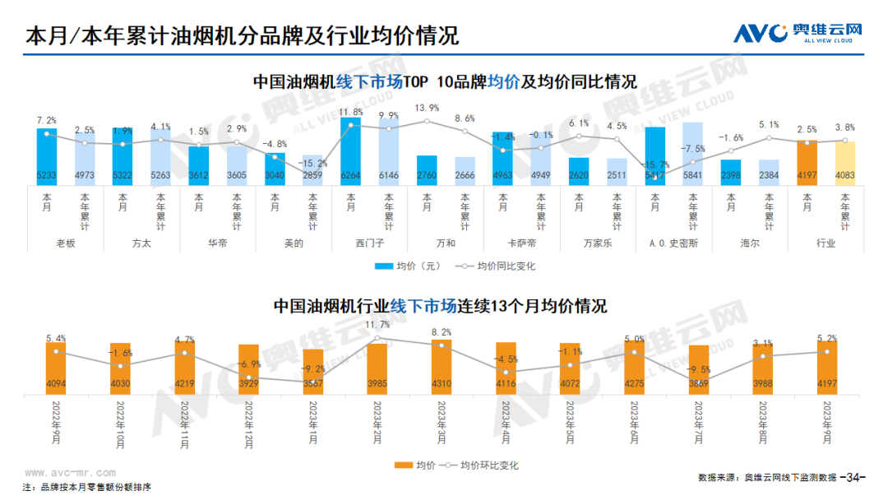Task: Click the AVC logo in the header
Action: [798, 33]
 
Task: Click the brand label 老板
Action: [65, 243]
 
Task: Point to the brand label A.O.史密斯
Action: [673, 243]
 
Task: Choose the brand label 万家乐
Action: [598, 243]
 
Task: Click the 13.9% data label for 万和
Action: [427, 108]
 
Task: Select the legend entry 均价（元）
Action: [409, 266]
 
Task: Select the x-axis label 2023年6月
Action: [634, 420]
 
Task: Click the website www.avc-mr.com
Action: [71, 473]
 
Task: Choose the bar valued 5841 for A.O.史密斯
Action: [693, 152]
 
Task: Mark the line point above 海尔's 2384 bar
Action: [769, 137]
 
